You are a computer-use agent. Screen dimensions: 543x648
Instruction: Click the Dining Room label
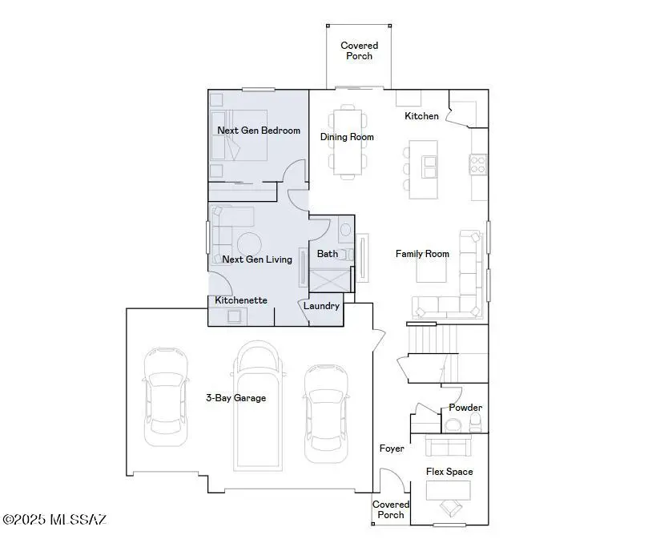pos(347,137)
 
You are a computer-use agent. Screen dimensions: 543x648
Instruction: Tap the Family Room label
pos(422,254)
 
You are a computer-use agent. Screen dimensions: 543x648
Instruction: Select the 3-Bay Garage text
pos(235,397)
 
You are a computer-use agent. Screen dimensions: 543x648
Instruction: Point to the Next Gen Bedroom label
pos(259,131)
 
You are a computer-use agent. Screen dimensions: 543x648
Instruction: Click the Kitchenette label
pos(240,300)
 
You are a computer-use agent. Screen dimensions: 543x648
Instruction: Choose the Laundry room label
pos(322,306)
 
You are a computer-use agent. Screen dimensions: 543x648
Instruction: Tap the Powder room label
pos(465,408)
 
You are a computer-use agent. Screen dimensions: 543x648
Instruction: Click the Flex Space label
pos(449,472)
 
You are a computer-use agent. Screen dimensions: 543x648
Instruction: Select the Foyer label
pos(392,448)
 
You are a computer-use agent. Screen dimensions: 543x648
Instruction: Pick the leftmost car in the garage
pos(166,396)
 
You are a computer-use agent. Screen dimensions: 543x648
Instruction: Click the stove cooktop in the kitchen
pos(478,164)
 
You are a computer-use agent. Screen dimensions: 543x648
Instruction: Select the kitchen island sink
pos(430,166)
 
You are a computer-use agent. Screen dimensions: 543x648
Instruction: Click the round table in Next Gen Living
pos(248,243)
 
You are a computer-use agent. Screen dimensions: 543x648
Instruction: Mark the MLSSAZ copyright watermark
pos(54,520)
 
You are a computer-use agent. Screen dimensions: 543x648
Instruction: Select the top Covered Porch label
pos(359,50)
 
